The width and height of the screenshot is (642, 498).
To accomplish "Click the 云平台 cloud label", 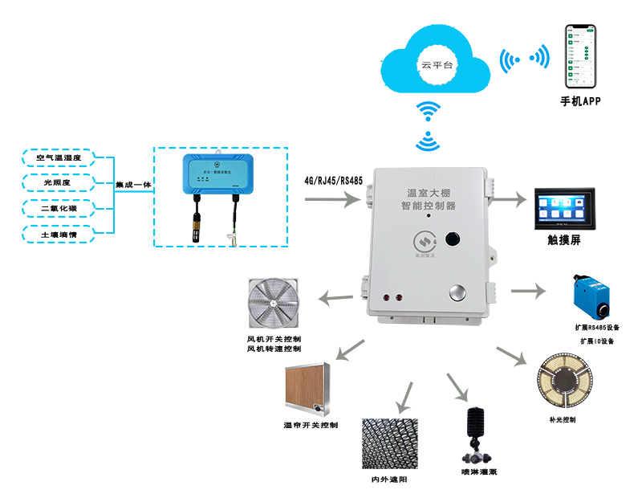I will pos(437,64).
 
